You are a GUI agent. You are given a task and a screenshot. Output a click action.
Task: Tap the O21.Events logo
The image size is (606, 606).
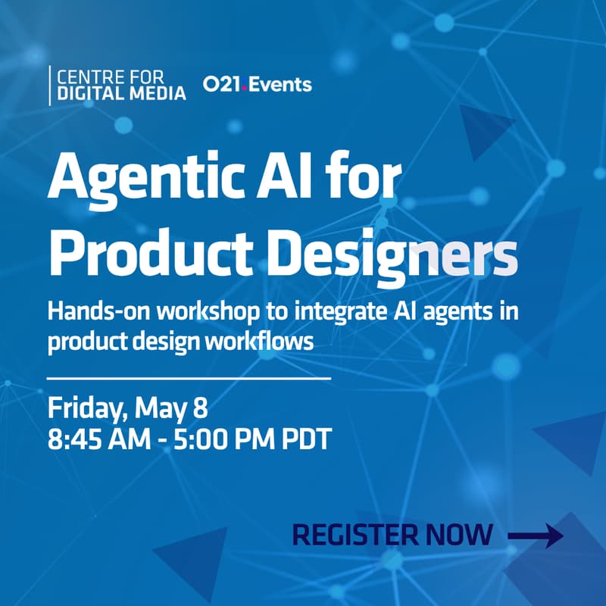click(258, 84)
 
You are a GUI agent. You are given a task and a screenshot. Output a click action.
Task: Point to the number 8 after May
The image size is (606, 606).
click(199, 409)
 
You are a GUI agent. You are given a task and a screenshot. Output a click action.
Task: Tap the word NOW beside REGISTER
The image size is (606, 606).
click(459, 535)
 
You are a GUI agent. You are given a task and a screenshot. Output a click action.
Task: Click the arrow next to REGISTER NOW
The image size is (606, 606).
click(535, 536)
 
